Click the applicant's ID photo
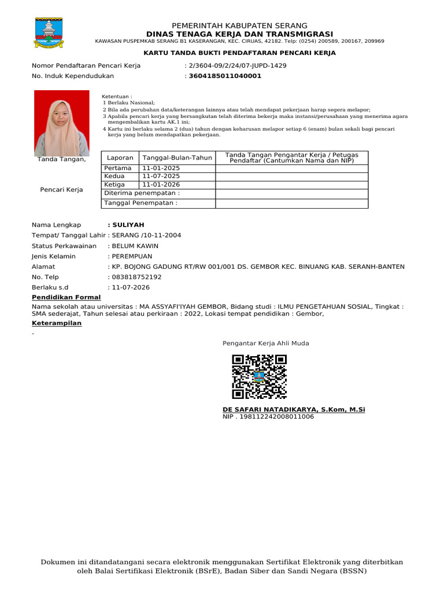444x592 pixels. [62, 123]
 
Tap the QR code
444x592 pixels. [259, 376]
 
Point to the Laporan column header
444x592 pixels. [120, 158]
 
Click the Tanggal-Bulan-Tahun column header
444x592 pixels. [177, 158]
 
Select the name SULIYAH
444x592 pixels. [128, 225]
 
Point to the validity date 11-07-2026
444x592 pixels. [131, 287]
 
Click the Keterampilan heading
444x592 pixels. [57, 323]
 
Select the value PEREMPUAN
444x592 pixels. [132, 256]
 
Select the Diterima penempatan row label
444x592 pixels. [142, 193]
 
